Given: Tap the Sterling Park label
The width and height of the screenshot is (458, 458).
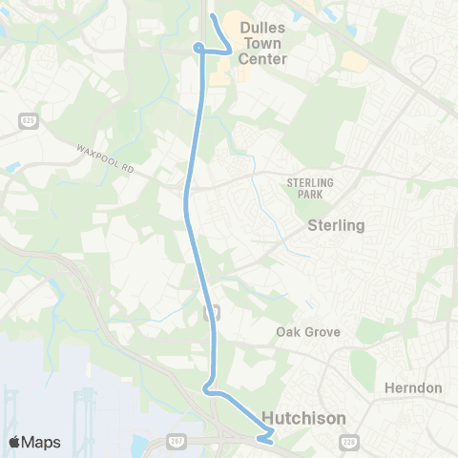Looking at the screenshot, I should [305, 187].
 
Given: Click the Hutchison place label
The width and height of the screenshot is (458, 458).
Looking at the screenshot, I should [303, 418].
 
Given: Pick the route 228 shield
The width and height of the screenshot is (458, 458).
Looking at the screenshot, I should [348, 440].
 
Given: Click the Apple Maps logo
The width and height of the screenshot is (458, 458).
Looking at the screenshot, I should [34, 441].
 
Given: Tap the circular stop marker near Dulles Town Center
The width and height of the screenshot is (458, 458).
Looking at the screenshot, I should [198, 48].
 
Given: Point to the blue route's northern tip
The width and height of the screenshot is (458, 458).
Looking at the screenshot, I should [213, 16].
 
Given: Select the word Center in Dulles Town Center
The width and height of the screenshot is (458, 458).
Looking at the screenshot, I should [262, 58].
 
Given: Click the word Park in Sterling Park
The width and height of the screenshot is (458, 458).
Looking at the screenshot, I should [305, 194].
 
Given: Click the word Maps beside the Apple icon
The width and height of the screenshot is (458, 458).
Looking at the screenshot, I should [42, 441].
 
